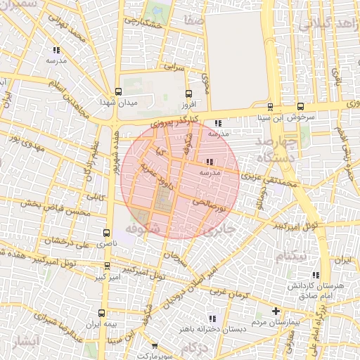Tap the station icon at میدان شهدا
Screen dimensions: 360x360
[117, 91]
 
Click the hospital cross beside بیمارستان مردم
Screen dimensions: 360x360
[276, 311]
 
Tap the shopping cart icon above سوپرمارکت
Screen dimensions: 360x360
[154, 347]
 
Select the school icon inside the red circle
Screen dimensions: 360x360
[211, 162]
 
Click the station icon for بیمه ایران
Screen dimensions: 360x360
[103, 312]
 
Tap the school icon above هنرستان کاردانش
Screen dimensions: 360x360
[314, 274]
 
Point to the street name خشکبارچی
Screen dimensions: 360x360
[143, 23]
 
